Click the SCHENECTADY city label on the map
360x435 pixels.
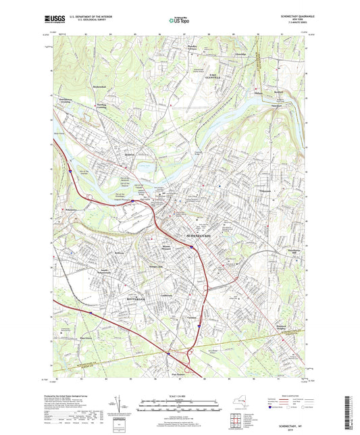pyautogui.click(x=198, y=236)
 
